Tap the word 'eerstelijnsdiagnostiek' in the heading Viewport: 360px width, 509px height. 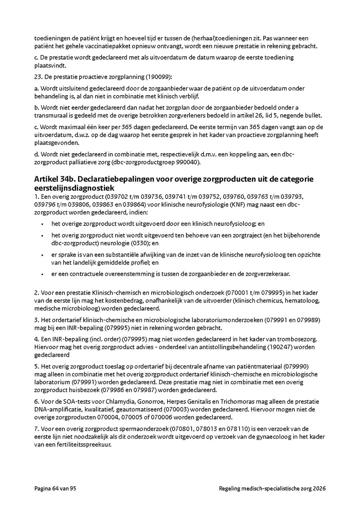coord(74,187)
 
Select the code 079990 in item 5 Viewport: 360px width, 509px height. coord(296,366)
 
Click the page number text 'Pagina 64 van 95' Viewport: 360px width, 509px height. coord(55,489)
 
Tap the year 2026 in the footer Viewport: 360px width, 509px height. coord(319,489)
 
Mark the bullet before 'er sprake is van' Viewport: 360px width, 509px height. coord(42,255)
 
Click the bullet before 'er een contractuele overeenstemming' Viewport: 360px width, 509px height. coord(42,274)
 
